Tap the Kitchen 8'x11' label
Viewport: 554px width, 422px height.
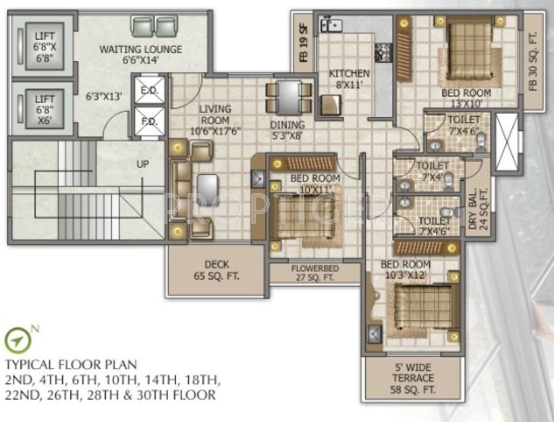350,78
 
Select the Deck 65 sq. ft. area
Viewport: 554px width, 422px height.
216,269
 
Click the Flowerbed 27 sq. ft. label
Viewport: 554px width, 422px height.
314,272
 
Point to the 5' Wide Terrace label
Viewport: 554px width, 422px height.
413,378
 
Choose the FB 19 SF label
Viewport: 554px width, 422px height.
304,45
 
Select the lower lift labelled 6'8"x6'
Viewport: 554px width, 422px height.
45,108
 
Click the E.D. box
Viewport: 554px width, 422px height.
149,90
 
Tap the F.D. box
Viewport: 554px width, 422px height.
149,122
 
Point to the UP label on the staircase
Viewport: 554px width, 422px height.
143,163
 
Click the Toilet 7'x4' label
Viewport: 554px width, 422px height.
432,172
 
